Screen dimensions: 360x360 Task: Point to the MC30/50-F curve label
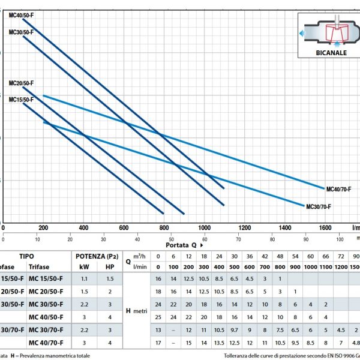22,32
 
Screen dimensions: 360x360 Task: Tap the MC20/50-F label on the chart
22,83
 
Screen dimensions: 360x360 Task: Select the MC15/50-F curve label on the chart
22,99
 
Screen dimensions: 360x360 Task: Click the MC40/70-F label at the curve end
338,189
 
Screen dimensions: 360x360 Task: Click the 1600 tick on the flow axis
325,228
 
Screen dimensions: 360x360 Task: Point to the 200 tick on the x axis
43,228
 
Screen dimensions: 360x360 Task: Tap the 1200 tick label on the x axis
245,228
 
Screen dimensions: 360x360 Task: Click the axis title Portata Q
183,245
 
